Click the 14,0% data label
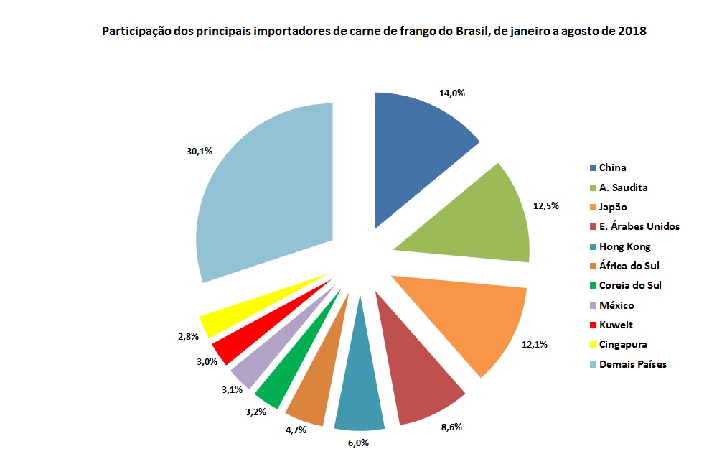pyautogui.click(x=451, y=93)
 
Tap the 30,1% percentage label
pyautogui.click(x=200, y=152)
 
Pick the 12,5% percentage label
pyautogui.click(x=547, y=205)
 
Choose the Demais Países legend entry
pyautogui.click(x=632, y=364)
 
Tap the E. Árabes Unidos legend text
pyautogui.click(x=639, y=227)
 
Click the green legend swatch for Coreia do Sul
pyautogui.click(x=592, y=286)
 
